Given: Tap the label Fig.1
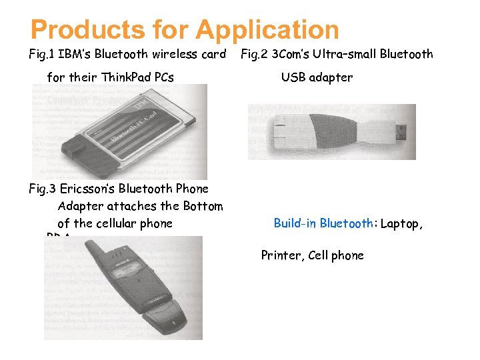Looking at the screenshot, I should pyautogui.click(x=42, y=54).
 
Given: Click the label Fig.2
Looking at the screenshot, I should pyautogui.click(x=255, y=54).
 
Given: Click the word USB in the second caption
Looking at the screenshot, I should pyautogui.click(x=294, y=77).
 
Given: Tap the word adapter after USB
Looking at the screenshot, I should pyautogui.click(x=331, y=77).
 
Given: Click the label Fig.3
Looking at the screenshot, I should pyautogui.click(x=42, y=189).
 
